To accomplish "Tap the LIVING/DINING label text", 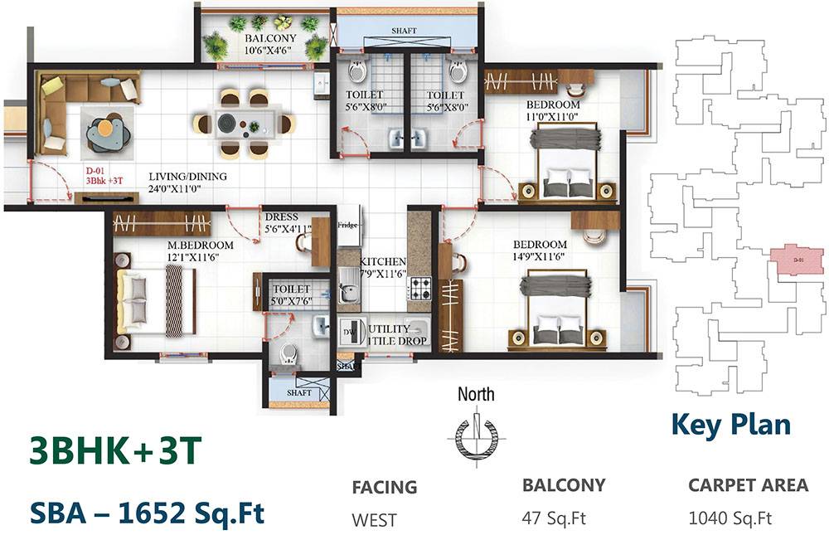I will point(187,177).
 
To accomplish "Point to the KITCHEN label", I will point(382,261).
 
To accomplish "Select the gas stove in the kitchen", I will point(420,288).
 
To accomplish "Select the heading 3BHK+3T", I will point(114,452).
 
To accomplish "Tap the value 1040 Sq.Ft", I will point(730,519).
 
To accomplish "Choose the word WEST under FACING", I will point(374,520).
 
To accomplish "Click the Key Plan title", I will point(730,424).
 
